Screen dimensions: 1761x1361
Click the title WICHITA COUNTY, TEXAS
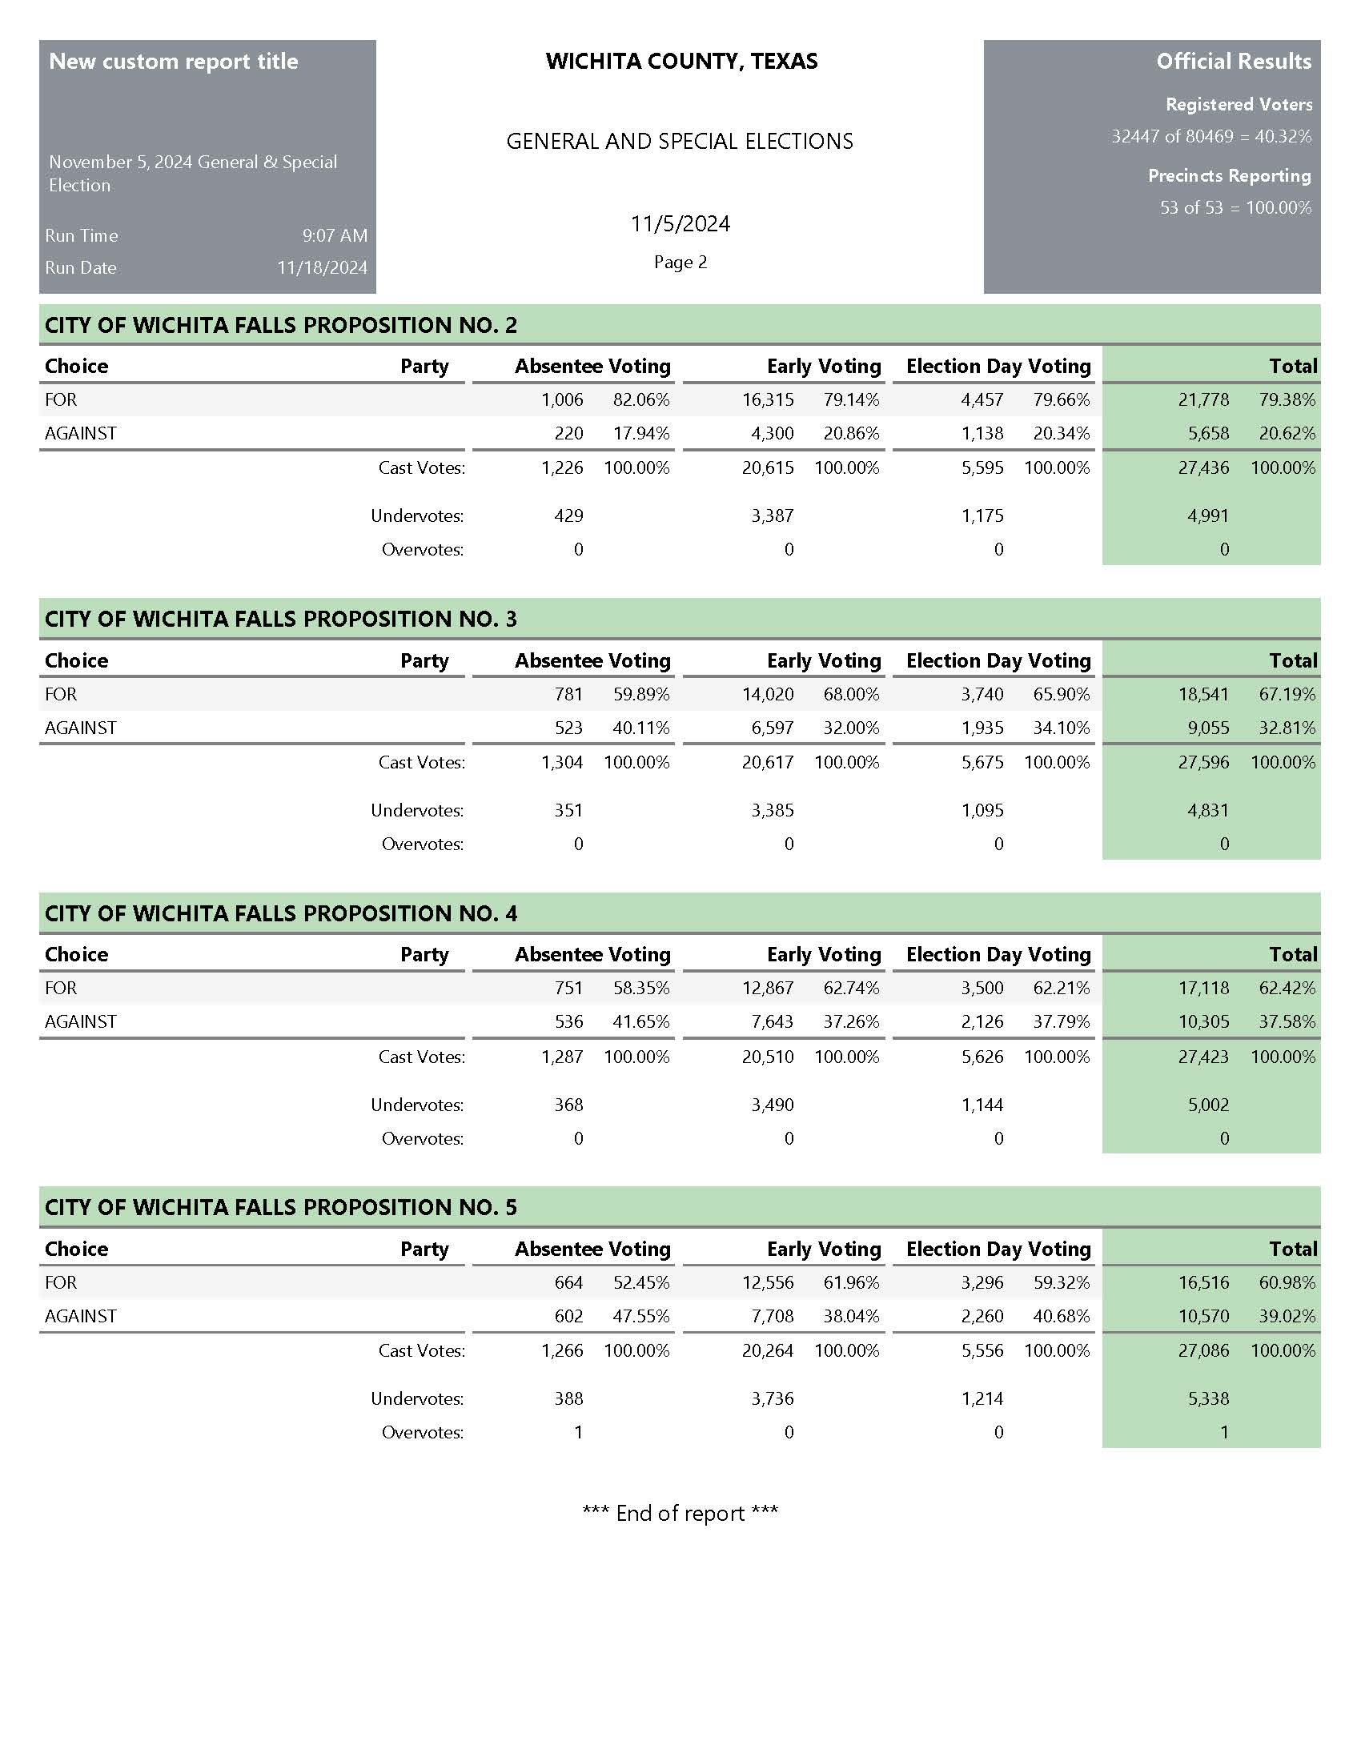pos(681,62)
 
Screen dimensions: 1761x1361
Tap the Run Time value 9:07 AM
pos(335,235)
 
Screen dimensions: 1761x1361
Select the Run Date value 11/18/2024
pos(322,267)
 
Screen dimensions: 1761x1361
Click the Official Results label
pos(1233,62)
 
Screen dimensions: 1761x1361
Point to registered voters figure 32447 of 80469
pos(1172,136)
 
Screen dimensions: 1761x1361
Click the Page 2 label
pos(680,262)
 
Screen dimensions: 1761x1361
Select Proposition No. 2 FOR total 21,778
pos(1203,400)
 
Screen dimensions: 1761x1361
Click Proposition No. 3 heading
pos(280,619)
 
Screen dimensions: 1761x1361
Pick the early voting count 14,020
pos(768,694)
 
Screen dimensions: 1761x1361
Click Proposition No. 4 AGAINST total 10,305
pos(1203,1021)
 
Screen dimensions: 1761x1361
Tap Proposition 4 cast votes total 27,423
pos(1203,1057)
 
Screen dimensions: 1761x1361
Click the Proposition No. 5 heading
pos(280,1207)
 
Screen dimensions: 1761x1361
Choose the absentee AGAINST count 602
pos(568,1316)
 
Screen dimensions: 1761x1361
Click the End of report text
pos(680,1513)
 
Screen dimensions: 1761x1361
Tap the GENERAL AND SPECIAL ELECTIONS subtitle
pos(680,141)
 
